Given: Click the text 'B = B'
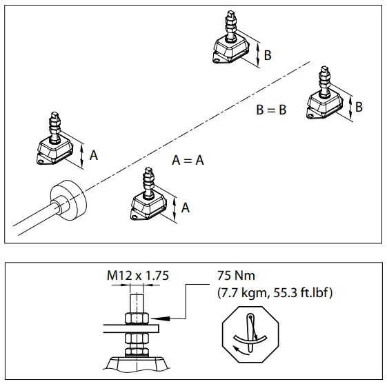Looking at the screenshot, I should [271, 110].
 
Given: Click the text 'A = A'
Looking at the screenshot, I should [188, 160].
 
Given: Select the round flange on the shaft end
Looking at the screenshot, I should [70, 200].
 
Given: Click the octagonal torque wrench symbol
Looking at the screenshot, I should [250, 336].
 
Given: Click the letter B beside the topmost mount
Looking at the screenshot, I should [267, 55].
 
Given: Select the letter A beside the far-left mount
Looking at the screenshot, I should [93, 156].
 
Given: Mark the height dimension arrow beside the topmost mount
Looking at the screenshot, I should [257, 54].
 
